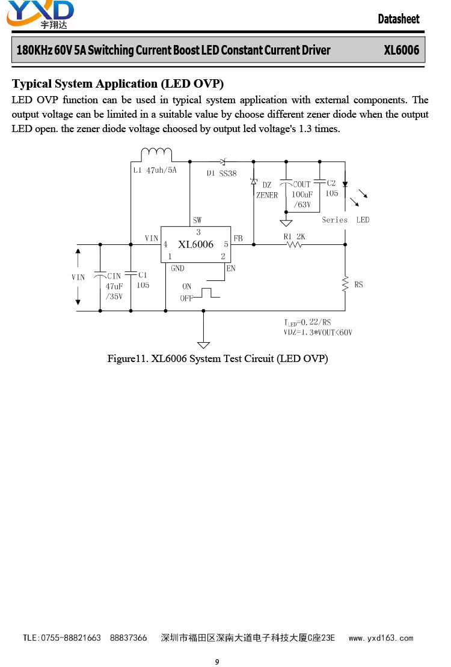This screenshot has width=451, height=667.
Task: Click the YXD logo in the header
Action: (x=40, y=14)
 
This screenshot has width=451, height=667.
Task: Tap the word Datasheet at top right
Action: (x=399, y=19)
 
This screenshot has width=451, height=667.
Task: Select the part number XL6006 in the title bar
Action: (x=402, y=50)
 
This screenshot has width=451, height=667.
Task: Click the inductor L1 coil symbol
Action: (x=156, y=152)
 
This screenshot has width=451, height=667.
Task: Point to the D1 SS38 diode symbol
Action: (x=222, y=161)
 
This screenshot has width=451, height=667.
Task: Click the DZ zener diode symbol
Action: (x=254, y=182)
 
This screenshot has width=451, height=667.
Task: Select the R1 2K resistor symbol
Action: (x=294, y=244)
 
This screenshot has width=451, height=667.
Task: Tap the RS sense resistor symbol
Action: (x=345, y=285)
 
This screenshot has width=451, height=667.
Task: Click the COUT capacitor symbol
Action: (x=286, y=183)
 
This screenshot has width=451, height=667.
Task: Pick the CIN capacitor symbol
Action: (x=100, y=274)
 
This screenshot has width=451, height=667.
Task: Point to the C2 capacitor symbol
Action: (x=320, y=182)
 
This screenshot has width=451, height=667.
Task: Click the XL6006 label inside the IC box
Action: (x=196, y=244)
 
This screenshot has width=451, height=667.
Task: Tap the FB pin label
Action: (x=238, y=238)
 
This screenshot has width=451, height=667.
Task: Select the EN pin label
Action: (x=231, y=268)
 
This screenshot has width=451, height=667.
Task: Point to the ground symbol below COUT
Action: (x=286, y=223)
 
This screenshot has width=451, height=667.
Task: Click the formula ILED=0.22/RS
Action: (x=307, y=322)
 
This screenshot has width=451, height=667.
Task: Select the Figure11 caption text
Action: (x=218, y=358)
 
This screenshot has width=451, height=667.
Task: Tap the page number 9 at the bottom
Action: (x=217, y=662)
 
